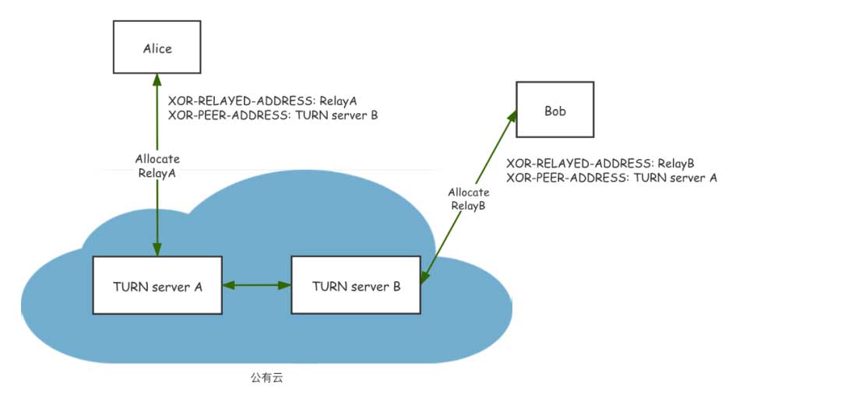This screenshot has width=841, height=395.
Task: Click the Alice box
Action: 157,48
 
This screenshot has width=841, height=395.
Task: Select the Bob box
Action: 554,111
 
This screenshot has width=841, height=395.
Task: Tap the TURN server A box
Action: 157,286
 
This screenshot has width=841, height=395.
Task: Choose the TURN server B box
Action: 356,286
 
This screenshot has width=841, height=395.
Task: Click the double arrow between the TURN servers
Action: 257,286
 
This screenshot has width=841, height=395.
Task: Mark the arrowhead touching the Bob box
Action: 511,117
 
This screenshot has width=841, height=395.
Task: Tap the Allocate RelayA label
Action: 157,166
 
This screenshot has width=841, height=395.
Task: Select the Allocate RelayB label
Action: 469,199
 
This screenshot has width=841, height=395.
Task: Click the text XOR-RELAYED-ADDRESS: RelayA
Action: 262,101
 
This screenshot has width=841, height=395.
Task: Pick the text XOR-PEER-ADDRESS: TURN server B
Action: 273,115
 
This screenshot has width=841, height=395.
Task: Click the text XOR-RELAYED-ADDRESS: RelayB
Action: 600,164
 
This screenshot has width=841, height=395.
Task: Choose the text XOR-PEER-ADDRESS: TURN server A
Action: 611,177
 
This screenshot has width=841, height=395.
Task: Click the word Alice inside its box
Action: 157,48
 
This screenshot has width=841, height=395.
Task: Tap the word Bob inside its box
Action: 554,111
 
